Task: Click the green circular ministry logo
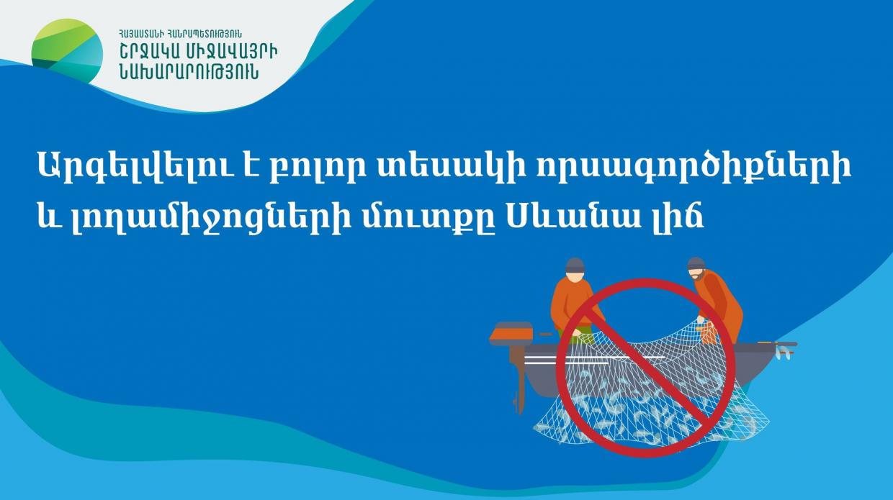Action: [x=67, y=51]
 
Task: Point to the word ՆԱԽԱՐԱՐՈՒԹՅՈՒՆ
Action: [x=189, y=73]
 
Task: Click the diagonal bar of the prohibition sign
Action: [x=645, y=368]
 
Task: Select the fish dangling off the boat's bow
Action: [x=784, y=353]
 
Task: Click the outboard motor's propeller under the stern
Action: [x=519, y=401]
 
